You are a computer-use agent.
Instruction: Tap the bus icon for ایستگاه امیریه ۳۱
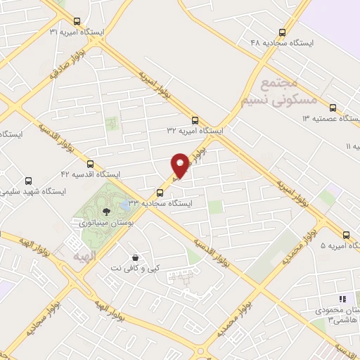[77, 21]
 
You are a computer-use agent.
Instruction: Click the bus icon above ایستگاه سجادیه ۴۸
[283, 32]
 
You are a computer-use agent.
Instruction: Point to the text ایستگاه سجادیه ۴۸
[281, 42]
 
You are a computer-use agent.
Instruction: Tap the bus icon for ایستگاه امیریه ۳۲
[195, 120]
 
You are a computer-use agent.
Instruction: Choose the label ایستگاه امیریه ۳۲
[195, 131]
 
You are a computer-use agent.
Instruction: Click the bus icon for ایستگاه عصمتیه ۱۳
[332, 108]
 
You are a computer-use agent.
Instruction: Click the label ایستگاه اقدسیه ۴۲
[91, 174]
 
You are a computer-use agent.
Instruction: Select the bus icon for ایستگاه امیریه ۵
[346, 235]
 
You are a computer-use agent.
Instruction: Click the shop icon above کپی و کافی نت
[134, 257]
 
